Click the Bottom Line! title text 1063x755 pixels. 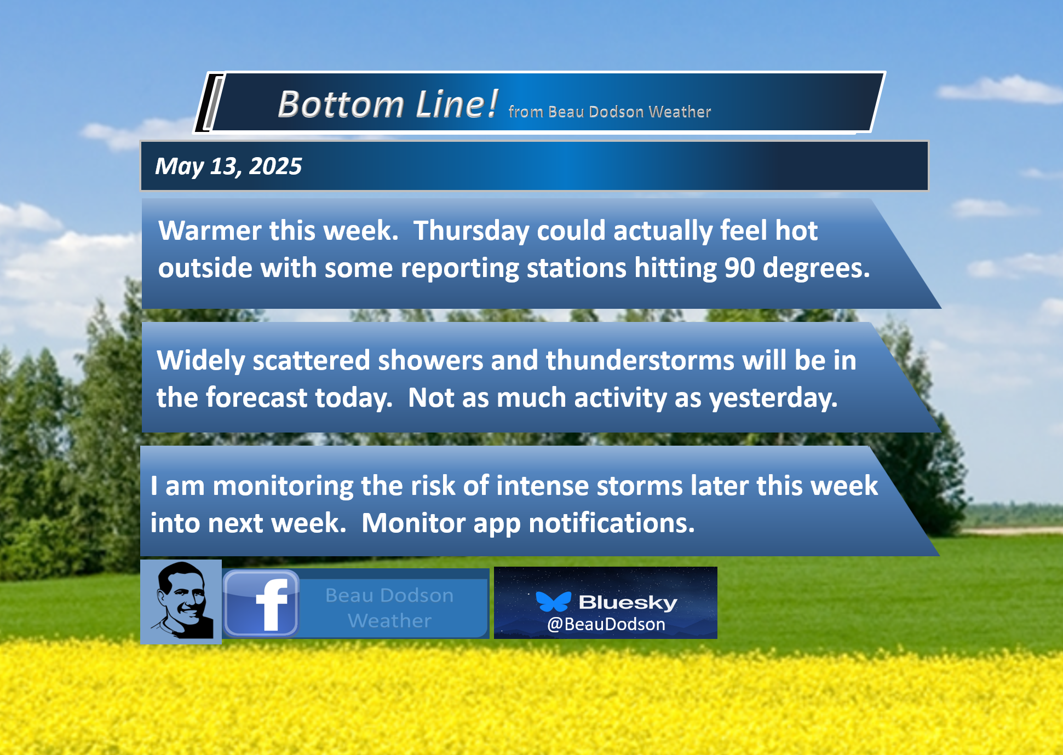388,104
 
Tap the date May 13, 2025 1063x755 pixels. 228,166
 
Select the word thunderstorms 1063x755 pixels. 640,361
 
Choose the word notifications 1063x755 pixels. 612,523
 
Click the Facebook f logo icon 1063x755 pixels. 261,603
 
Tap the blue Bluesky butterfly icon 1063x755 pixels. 553,601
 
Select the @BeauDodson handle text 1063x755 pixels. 606,624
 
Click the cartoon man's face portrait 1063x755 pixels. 181,601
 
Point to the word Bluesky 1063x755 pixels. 628,602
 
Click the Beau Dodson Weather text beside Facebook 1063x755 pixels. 389,608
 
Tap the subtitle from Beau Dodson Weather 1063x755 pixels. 610,112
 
